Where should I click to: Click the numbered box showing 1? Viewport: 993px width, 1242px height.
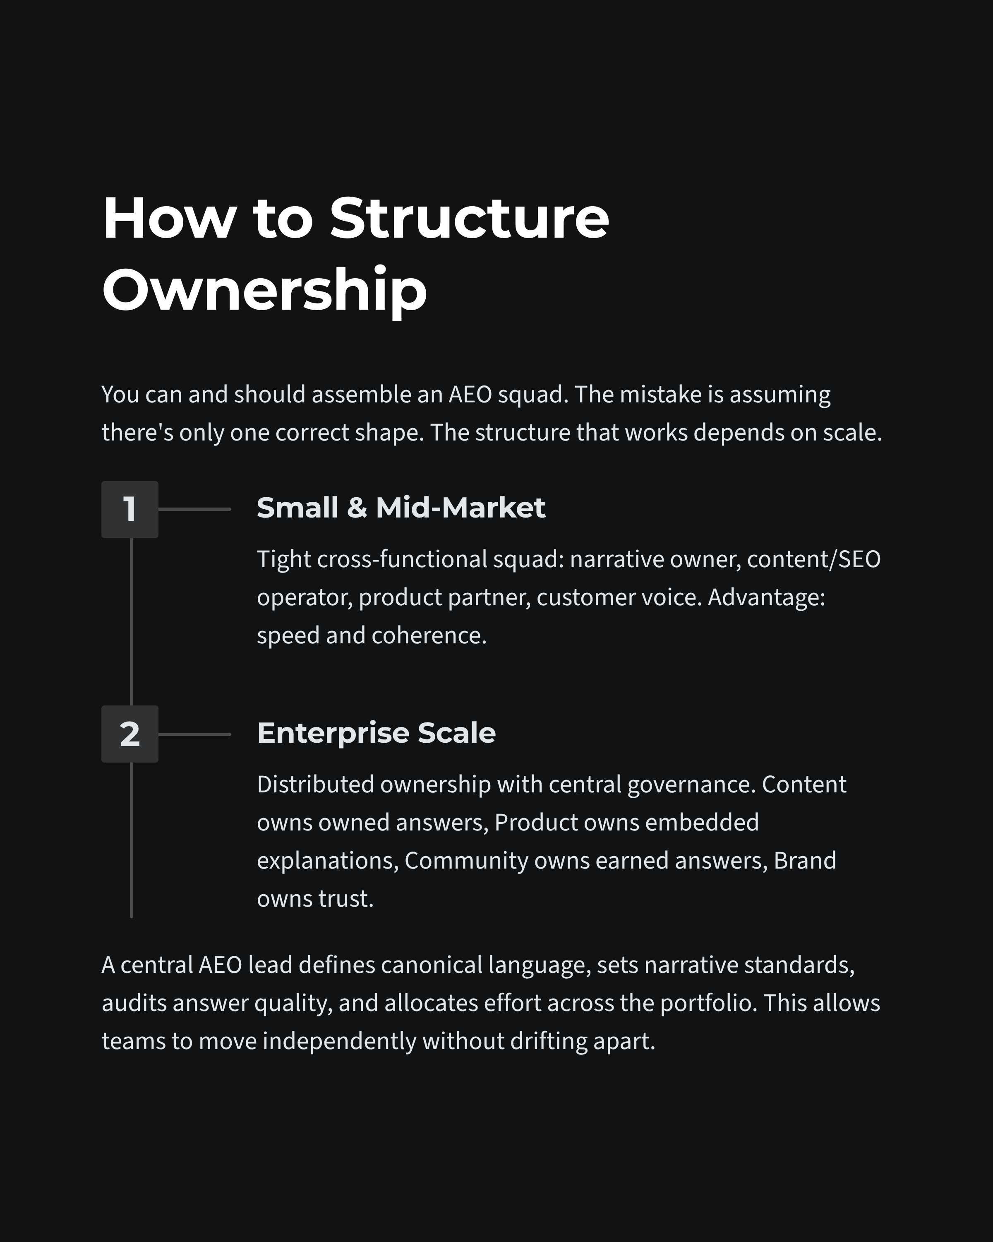coord(130,509)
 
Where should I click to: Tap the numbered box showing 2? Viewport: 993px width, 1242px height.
coord(130,734)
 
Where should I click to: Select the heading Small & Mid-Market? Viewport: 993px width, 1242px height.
coord(401,508)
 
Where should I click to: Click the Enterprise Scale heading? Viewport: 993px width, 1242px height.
coord(376,733)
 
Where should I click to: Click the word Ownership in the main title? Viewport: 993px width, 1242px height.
coord(264,289)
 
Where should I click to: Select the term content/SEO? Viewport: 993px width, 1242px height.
coord(813,559)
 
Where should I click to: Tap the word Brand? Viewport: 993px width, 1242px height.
coord(804,861)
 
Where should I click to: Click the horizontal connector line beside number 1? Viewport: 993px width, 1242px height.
coord(194,509)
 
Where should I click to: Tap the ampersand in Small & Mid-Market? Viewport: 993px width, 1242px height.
coord(357,508)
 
